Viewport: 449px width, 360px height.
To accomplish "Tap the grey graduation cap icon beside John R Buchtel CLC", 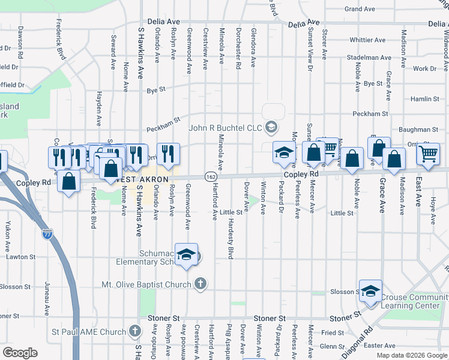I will tap(271, 127).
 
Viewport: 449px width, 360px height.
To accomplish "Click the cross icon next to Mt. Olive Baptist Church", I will tap(200, 283).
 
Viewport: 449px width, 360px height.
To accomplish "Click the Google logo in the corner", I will tap(20, 352).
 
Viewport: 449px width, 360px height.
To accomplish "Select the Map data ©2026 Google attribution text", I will tap(411, 355).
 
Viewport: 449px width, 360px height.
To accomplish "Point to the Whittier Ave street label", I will tap(370, 40).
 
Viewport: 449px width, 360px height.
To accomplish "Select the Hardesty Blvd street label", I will tap(230, 238).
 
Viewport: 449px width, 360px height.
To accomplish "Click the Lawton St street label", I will tap(21, 256).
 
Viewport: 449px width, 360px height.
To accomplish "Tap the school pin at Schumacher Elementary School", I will tap(186, 254).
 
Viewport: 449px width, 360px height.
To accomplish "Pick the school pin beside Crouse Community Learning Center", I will tap(370, 290).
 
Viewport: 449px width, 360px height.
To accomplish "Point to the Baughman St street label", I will tap(418, 129).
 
